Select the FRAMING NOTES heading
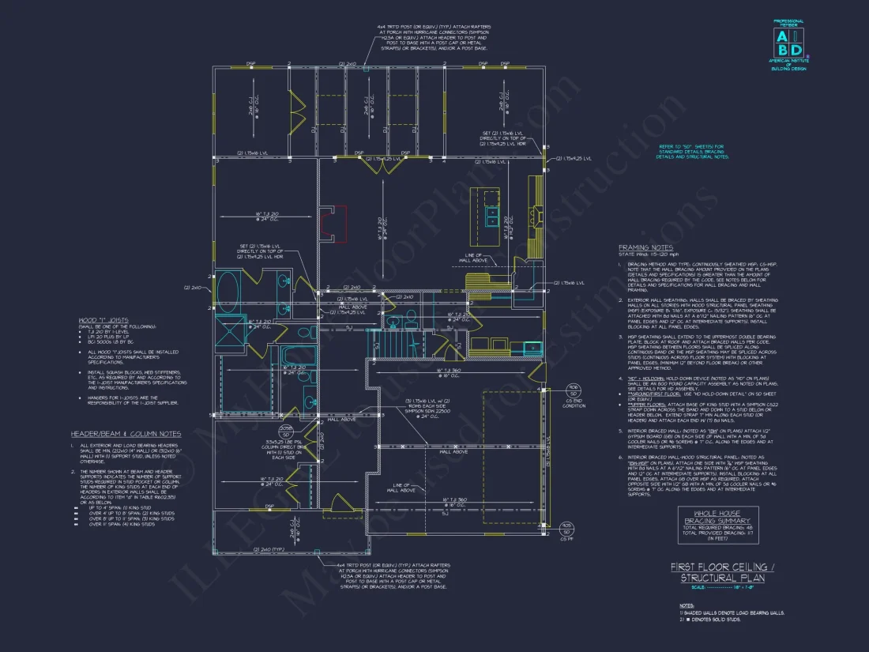tap(645, 247)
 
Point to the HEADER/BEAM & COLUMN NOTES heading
tap(126, 434)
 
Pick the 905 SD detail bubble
tap(566, 527)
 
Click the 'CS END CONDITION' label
tap(574, 404)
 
